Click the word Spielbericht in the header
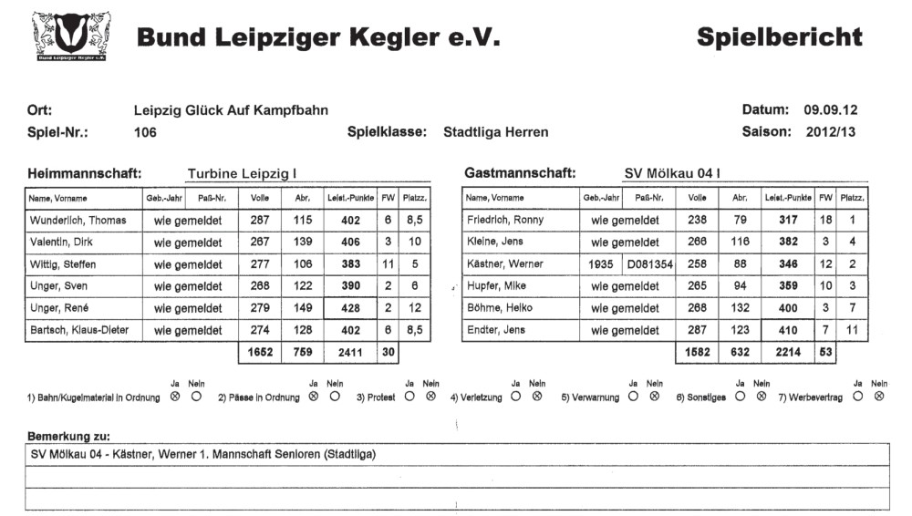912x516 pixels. coord(779,37)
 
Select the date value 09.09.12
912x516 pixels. coord(830,110)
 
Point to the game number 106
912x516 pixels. coord(145,132)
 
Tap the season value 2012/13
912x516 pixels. coord(831,132)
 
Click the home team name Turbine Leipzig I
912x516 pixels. coord(242,173)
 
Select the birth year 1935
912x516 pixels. coord(601,264)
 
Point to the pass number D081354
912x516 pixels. coord(648,264)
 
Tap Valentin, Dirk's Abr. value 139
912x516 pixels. coord(302,242)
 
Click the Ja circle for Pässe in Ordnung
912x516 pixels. coord(314,397)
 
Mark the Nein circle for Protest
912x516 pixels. coord(430,397)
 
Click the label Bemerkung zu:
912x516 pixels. coord(63,438)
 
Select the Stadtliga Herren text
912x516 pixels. coord(495,132)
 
